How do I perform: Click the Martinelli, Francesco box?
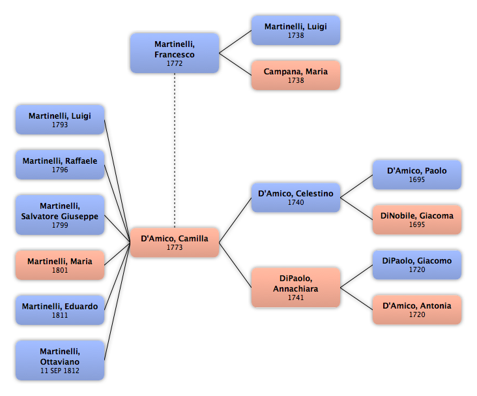[175, 53]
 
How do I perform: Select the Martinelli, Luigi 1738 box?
[296, 31]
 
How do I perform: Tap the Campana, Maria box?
[296, 75]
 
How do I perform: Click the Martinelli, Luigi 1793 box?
[60, 120]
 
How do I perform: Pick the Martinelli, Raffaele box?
[60, 165]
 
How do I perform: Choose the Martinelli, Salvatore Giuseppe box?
[60, 215]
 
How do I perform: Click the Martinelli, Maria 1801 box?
[60, 265]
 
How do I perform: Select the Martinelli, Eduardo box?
[60, 310]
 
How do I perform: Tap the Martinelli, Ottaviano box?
[60, 360]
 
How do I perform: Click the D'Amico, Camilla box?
[175, 243]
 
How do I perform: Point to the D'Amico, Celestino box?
[296, 198]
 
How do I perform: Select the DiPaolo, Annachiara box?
[296, 288]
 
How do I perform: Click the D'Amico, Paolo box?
[417, 175]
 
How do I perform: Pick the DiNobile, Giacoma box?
[417, 220]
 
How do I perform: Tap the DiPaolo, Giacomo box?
[417, 265]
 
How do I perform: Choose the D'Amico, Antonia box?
[417, 310]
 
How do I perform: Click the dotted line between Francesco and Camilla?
[175, 150]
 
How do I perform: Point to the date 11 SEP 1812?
[60, 371]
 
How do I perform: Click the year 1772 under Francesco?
[175, 63]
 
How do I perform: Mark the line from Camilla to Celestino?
[235, 220]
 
